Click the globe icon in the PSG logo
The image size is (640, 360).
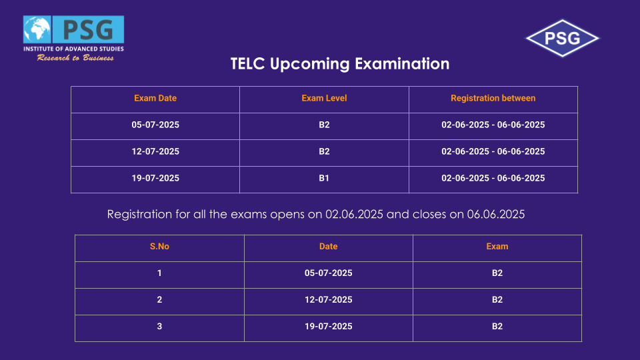(37, 29)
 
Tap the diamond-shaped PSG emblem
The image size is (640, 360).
(562, 39)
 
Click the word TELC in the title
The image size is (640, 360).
(247, 64)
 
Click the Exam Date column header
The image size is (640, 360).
(155, 99)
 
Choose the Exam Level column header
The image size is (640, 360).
(324, 99)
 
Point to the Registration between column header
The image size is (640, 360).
(493, 99)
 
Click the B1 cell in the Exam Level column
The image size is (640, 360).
(324, 179)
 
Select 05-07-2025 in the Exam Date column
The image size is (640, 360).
(155, 125)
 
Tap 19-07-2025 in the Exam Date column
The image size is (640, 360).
(155, 179)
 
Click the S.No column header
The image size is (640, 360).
(159, 247)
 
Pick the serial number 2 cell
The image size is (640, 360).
(159, 300)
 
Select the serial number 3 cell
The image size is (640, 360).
(159, 327)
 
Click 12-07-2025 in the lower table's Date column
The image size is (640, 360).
(328, 300)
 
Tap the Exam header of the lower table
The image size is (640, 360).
(497, 247)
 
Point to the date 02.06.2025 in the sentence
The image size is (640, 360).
(354, 214)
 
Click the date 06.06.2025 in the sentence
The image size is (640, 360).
(496, 214)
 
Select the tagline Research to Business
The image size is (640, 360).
(75, 58)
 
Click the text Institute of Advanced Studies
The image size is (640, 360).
(73, 49)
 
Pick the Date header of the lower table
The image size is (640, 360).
(328, 247)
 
